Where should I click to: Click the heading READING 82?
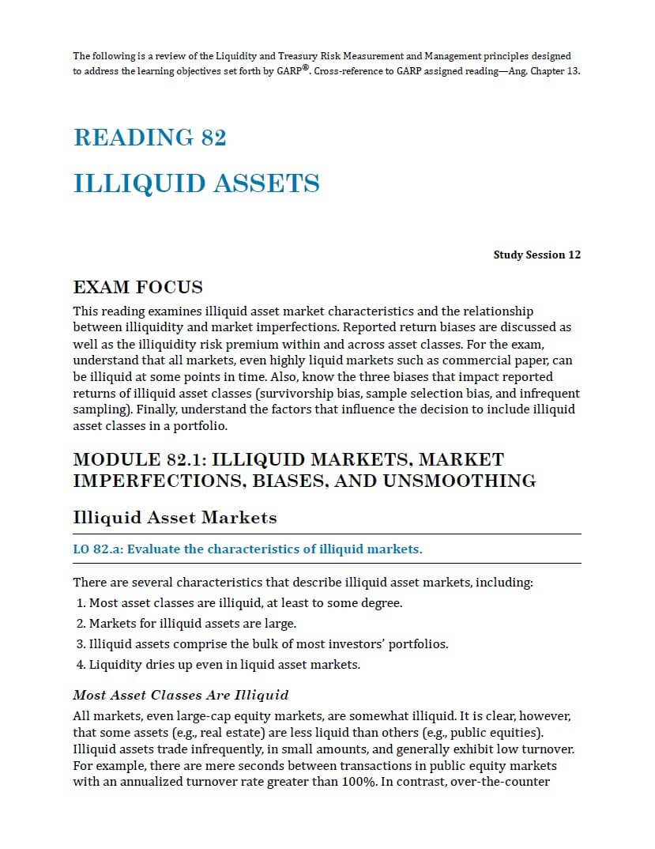pos(149,138)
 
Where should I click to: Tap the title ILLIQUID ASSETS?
pos(196,183)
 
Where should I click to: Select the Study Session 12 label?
pos(536,255)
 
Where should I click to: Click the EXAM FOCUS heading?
pos(137,287)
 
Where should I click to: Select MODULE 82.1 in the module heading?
pos(137,459)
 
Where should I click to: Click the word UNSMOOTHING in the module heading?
pos(459,481)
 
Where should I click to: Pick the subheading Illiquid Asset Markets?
pos(175,518)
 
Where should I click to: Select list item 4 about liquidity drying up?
pos(218,665)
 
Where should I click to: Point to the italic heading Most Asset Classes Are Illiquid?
pos(180,695)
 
